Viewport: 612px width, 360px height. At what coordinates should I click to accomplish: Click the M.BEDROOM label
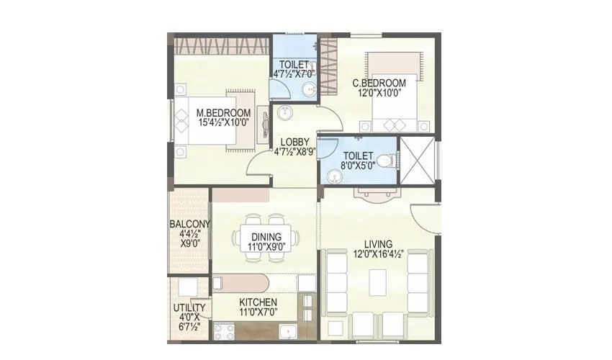click(224, 113)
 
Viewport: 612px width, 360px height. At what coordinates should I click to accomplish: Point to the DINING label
click(266, 236)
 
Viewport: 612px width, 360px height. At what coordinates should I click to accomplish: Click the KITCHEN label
click(258, 302)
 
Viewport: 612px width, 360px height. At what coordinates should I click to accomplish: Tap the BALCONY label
click(190, 223)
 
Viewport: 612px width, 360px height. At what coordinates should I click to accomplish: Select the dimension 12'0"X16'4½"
click(378, 254)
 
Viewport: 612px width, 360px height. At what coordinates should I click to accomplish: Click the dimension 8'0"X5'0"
click(358, 166)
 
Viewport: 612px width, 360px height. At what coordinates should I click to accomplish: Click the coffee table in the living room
click(378, 282)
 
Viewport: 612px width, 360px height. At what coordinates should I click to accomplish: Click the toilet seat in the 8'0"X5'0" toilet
click(387, 160)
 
